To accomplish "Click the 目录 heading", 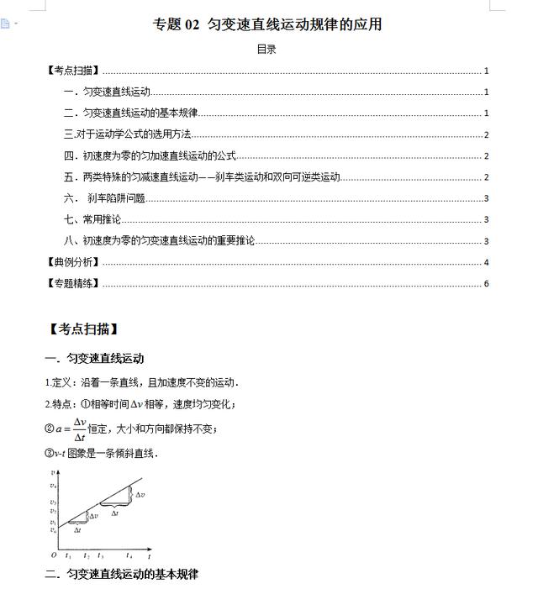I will coord(266,50).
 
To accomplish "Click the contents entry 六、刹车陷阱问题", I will coord(104,198).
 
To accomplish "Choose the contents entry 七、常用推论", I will coord(92,219).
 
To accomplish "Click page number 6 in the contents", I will coord(487,283).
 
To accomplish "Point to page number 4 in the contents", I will coord(487,262).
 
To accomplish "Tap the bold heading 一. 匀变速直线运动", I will coord(94,359).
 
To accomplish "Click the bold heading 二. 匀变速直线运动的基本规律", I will coord(121,575).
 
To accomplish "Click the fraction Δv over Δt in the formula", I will coord(80,429).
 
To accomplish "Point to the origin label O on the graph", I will coord(54,555).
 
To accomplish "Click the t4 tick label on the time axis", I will coord(129,555).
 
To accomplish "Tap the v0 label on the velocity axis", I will coord(52,531).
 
